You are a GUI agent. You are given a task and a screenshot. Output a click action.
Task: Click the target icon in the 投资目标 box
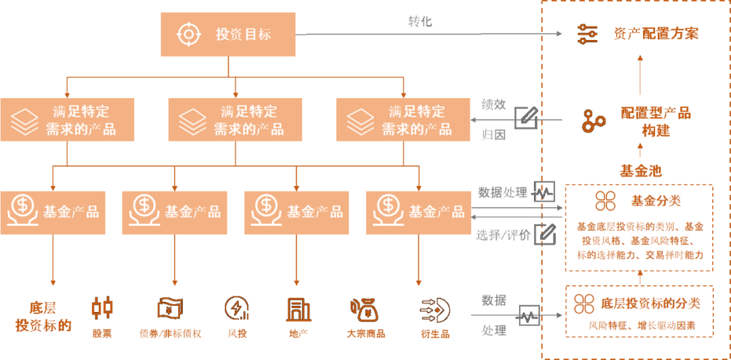pos(187,34)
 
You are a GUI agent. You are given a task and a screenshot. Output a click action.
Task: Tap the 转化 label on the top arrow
pos(420,22)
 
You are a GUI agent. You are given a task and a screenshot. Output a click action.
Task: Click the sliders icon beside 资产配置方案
pos(587,34)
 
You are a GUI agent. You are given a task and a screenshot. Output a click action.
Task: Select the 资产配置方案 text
pos(656,34)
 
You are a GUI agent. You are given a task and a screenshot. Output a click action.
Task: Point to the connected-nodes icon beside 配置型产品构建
pos(594,121)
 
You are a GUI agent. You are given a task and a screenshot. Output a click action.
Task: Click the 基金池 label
pos(640,171)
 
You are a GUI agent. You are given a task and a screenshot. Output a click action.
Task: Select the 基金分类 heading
pos(655,201)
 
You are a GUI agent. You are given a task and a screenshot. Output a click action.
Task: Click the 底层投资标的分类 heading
pos(650,303)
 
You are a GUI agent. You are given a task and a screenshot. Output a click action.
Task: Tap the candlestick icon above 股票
pos(102,309)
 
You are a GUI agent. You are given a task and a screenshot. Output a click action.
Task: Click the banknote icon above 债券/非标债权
pos(169,309)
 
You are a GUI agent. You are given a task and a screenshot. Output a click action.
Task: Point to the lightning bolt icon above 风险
pos(236,309)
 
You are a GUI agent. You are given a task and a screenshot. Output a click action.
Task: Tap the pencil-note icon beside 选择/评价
pos(545,234)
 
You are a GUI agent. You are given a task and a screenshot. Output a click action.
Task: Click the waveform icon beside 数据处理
pos(545,192)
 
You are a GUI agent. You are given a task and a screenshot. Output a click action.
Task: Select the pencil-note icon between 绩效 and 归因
pos(526,118)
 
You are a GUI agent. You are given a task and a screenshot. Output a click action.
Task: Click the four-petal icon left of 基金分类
pos(605,201)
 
